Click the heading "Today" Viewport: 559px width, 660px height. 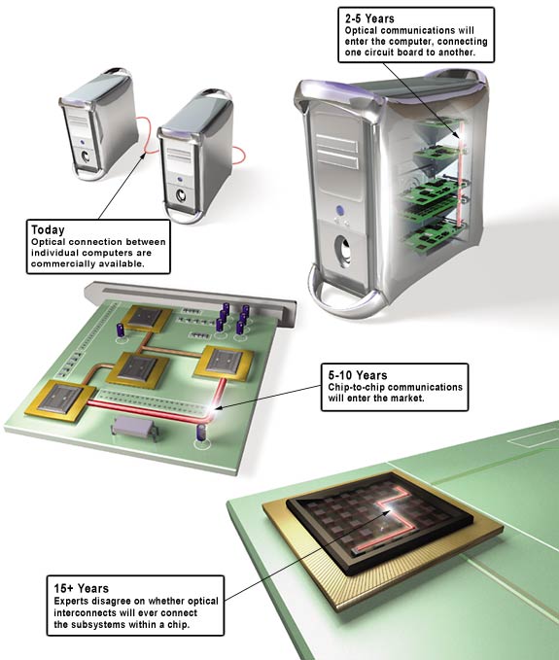coord(48,229)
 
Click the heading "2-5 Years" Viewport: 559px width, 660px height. coord(369,18)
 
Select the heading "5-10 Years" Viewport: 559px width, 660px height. coord(358,375)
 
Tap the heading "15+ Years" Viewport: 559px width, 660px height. coord(82,588)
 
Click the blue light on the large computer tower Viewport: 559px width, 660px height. coord(340,209)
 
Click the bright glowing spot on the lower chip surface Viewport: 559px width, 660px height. coord(387,512)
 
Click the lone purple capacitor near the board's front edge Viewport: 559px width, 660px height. coord(202,434)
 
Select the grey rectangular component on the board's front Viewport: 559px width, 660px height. coord(135,428)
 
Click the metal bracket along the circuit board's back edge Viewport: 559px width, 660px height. coord(190,301)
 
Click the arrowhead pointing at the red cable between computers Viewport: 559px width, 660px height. coord(143,156)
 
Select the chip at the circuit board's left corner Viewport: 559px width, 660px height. coord(60,399)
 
